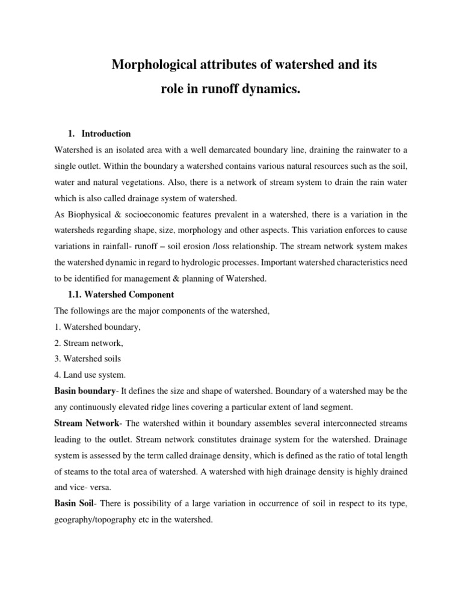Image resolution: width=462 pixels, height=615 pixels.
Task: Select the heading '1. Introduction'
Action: (99, 133)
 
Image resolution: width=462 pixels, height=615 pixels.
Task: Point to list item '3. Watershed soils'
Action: (88, 359)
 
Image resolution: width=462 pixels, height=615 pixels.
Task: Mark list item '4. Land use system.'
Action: (90, 375)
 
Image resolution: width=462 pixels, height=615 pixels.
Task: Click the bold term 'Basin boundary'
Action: (85, 391)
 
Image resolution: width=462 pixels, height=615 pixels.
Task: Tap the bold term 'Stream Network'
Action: (87, 423)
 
